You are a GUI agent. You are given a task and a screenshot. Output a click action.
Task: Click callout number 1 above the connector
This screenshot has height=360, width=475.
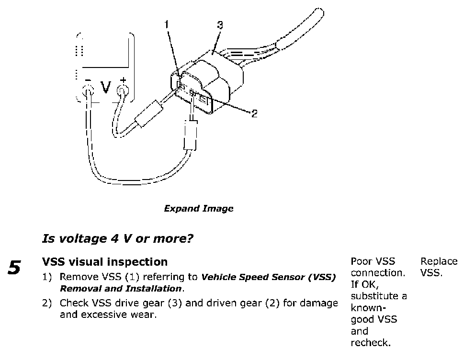point(167,24)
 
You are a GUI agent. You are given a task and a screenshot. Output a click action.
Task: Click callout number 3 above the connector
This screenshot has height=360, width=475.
point(220,25)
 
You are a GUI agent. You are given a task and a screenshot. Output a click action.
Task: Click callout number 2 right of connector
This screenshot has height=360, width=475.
point(254,113)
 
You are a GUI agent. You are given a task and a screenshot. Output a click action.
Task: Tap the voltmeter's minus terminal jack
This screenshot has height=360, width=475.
point(88,90)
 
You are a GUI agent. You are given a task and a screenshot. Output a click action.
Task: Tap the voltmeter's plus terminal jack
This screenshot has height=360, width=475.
point(123,90)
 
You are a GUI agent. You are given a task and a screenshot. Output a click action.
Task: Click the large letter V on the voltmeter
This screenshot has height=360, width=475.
point(106,87)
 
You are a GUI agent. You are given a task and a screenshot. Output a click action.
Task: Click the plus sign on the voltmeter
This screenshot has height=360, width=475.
point(123,80)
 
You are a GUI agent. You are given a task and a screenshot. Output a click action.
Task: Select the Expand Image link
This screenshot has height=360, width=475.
point(199,209)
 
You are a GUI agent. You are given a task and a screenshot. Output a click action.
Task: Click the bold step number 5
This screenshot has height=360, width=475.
point(14,268)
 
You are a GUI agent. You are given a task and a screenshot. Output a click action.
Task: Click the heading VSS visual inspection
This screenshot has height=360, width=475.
point(105,262)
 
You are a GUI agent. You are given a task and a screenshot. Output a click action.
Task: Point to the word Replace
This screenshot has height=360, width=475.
point(439,261)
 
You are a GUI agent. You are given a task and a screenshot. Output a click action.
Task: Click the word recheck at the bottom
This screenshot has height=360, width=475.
point(371,343)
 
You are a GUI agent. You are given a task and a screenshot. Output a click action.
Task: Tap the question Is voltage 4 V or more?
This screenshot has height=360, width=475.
point(117,238)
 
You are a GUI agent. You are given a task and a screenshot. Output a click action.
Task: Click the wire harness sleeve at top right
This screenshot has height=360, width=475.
point(300,29)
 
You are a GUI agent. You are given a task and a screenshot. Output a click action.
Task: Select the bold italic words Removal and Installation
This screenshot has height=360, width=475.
point(121,289)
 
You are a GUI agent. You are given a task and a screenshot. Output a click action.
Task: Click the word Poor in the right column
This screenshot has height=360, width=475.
point(360,261)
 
